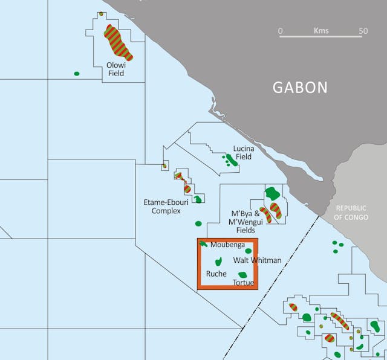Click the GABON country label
pyautogui.click(x=300, y=87)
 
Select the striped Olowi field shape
pyautogui.click(x=118, y=42)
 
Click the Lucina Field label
pyautogui.click(x=243, y=152)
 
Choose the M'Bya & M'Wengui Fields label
pyautogui.click(x=246, y=222)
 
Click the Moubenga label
pyautogui.click(x=227, y=245)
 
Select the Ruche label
pyautogui.click(x=216, y=274)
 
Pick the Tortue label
pyautogui.click(x=243, y=282)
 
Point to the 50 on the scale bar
pyautogui.click(x=363, y=30)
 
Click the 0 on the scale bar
pyautogui.click(x=281, y=30)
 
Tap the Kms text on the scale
pyautogui.click(x=321, y=30)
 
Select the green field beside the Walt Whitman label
pyautogui.click(x=248, y=251)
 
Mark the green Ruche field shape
pyautogui.click(x=218, y=262)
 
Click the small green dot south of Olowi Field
pyautogui.click(x=77, y=74)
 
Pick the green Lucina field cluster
pyautogui.click(x=230, y=160)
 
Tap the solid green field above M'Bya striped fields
pyautogui.click(x=273, y=193)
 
